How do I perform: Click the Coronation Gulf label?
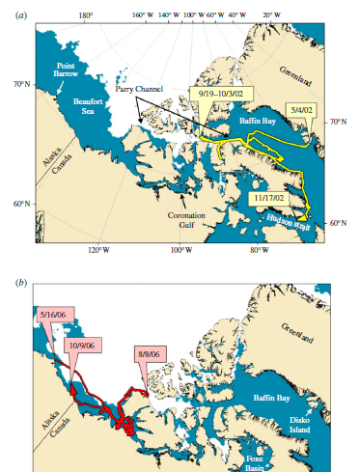pyautogui.click(x=186, y=218)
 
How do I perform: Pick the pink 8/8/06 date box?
pyautogui.click(x=151, y=354)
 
